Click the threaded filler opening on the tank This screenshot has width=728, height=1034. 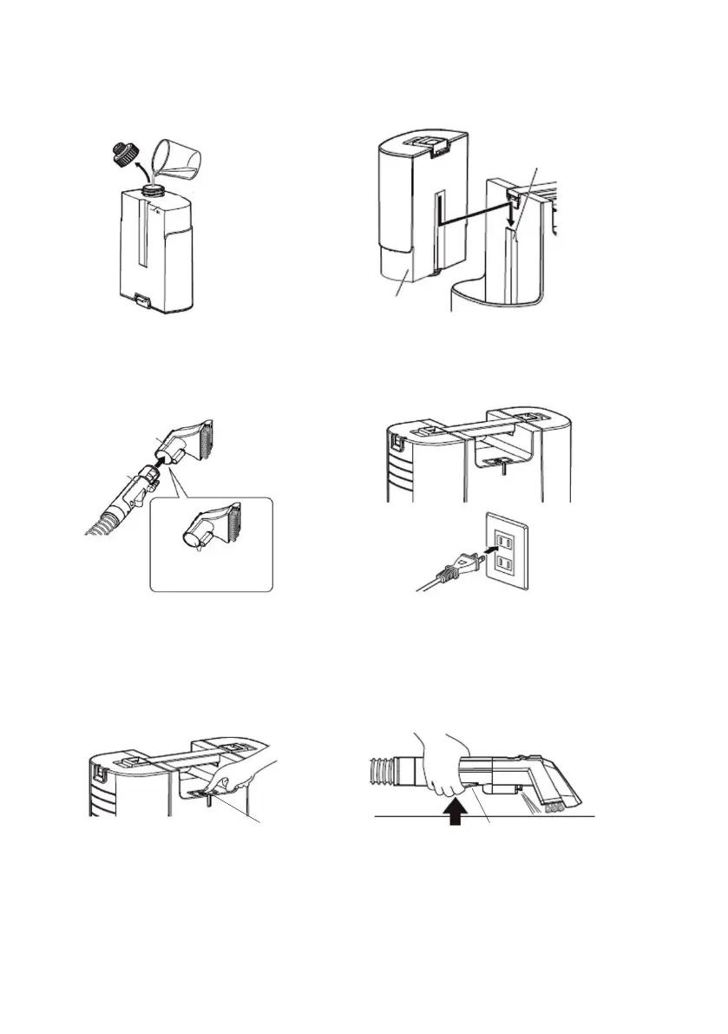(x=154, y=188)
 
